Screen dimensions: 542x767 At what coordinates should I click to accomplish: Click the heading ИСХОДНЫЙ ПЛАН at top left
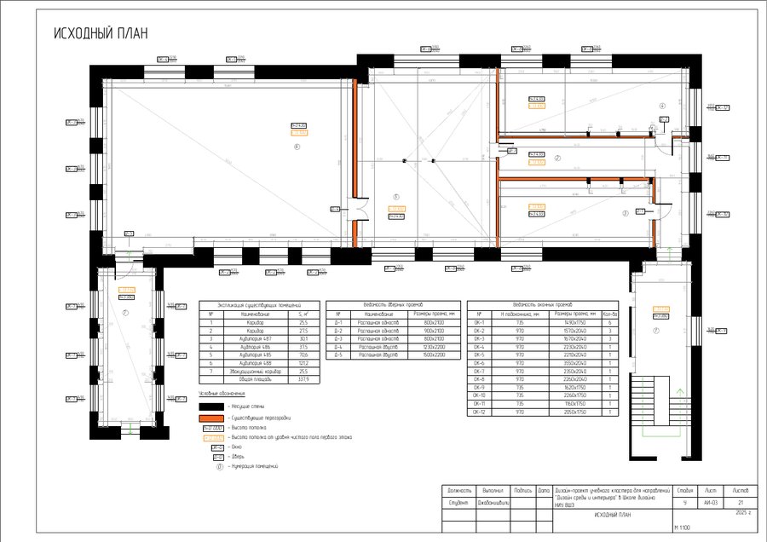point(101,33)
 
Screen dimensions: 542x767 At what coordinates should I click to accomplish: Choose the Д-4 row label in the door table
point(338,347)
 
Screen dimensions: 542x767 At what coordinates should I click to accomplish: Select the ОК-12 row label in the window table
point(479,412)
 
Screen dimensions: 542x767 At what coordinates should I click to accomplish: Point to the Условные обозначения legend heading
point(222,394)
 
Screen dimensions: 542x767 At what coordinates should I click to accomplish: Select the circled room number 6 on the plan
point(297,147)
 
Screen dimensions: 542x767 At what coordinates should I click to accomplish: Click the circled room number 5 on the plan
point(395,197)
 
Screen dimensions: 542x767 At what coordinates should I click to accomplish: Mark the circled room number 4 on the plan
point(661,105)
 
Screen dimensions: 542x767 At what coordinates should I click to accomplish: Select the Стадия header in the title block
point(683,491)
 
